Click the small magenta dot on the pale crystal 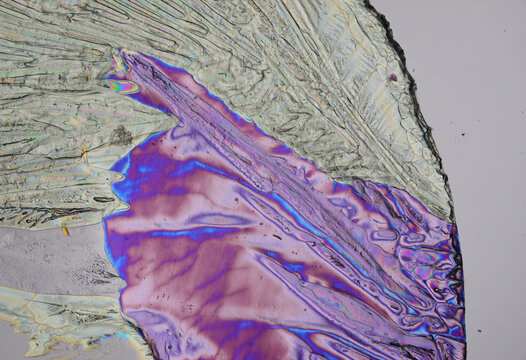click(394, 77)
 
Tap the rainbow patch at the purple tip click(123, 87)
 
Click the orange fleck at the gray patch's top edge click(66, 231)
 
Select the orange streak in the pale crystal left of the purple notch click(84, 154)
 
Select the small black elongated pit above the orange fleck click(99, 199)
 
